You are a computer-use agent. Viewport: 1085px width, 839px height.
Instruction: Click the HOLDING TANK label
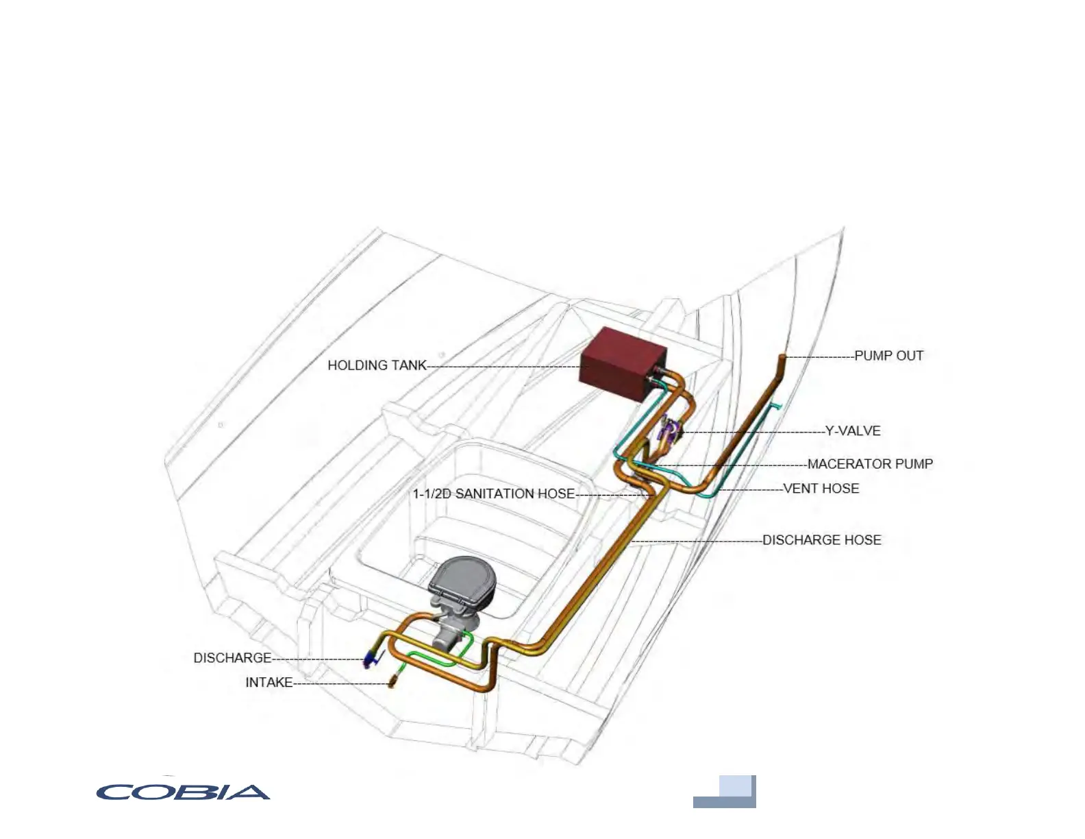377,365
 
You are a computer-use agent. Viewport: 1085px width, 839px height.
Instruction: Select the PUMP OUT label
888,356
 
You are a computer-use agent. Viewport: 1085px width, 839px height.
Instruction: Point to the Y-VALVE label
853,431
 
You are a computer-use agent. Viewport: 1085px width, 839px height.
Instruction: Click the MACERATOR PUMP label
870,464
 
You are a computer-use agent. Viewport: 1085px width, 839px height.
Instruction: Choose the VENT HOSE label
821,489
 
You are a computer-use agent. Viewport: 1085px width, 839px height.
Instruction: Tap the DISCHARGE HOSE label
821,540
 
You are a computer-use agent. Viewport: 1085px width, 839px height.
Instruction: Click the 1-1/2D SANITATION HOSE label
493,494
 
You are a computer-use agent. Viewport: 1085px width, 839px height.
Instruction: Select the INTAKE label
269,683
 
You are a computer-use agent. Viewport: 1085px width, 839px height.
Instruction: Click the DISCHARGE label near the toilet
232,658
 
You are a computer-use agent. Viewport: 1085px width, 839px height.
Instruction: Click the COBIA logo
183,792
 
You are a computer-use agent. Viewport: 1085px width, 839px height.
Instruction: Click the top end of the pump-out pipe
782,357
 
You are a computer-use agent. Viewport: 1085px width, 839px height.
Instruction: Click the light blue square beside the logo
735,786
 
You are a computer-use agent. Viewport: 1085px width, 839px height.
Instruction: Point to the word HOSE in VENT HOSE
840,489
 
